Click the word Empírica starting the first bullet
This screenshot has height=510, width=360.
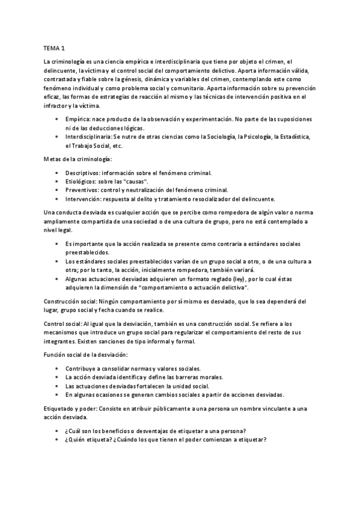pos(78,120)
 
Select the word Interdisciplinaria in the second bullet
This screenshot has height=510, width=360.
pos(88,138)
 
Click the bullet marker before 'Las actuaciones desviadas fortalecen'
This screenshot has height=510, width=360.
pos(56,386)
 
